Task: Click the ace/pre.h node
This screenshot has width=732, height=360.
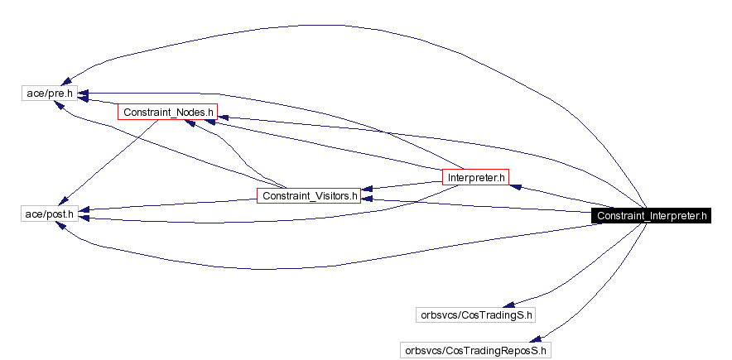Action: point(50,94)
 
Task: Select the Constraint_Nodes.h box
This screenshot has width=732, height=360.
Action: point(167,111)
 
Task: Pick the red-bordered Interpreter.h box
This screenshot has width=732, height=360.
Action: point(475,177)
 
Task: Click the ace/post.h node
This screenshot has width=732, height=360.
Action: point(50,214)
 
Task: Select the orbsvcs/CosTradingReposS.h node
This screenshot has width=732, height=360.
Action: point(475,350)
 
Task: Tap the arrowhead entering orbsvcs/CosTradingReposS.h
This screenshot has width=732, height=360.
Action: point(537,338)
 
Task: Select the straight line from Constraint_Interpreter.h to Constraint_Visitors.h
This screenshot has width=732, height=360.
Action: point(480,205)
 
